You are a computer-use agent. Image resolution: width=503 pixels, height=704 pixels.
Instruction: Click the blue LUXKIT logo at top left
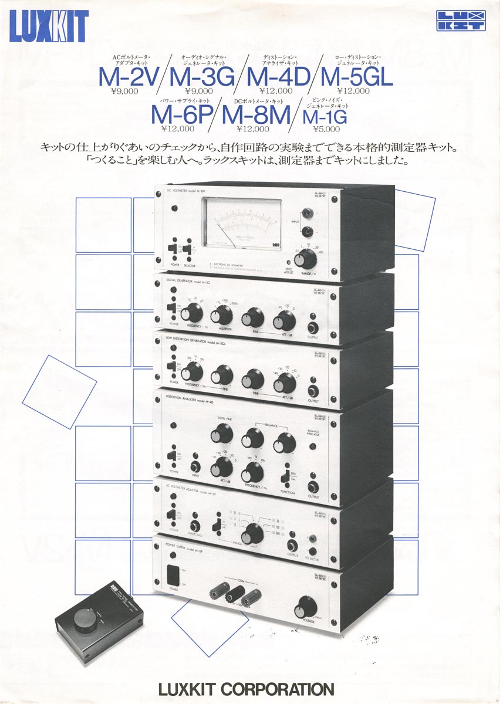click(x=49, y=26)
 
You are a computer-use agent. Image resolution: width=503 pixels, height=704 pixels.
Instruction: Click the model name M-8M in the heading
click(x=256, y=114)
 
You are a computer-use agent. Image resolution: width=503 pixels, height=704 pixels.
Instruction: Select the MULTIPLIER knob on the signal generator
click(x=221, y=316)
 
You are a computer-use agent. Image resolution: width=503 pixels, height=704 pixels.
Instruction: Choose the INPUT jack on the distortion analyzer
click(x=195, y=467)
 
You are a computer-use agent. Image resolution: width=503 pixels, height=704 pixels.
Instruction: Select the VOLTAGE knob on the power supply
click(x=307, y=606)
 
